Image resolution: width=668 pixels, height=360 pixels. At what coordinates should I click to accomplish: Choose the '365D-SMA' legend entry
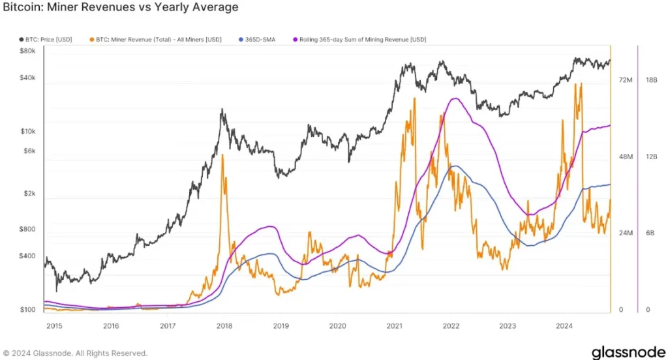[x=258, y=40]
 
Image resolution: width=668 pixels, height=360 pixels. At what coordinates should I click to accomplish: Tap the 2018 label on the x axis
[x=224, y=325]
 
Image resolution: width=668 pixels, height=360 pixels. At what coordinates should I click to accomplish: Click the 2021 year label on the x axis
[x=394, y=325]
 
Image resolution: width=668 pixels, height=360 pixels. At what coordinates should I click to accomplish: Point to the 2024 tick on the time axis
[x=564, y=325]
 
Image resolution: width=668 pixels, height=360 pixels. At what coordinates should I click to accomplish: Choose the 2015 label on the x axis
[x=54, y=325]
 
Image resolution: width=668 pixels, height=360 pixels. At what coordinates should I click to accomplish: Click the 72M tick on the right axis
[x=626, y=80]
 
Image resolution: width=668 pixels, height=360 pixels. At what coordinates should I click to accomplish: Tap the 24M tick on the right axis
[x=626, y=233]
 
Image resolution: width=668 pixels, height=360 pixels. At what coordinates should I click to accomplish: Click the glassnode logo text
[x=628, y=352]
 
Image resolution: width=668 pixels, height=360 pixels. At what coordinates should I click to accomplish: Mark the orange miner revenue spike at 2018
[x=223, y=157]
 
